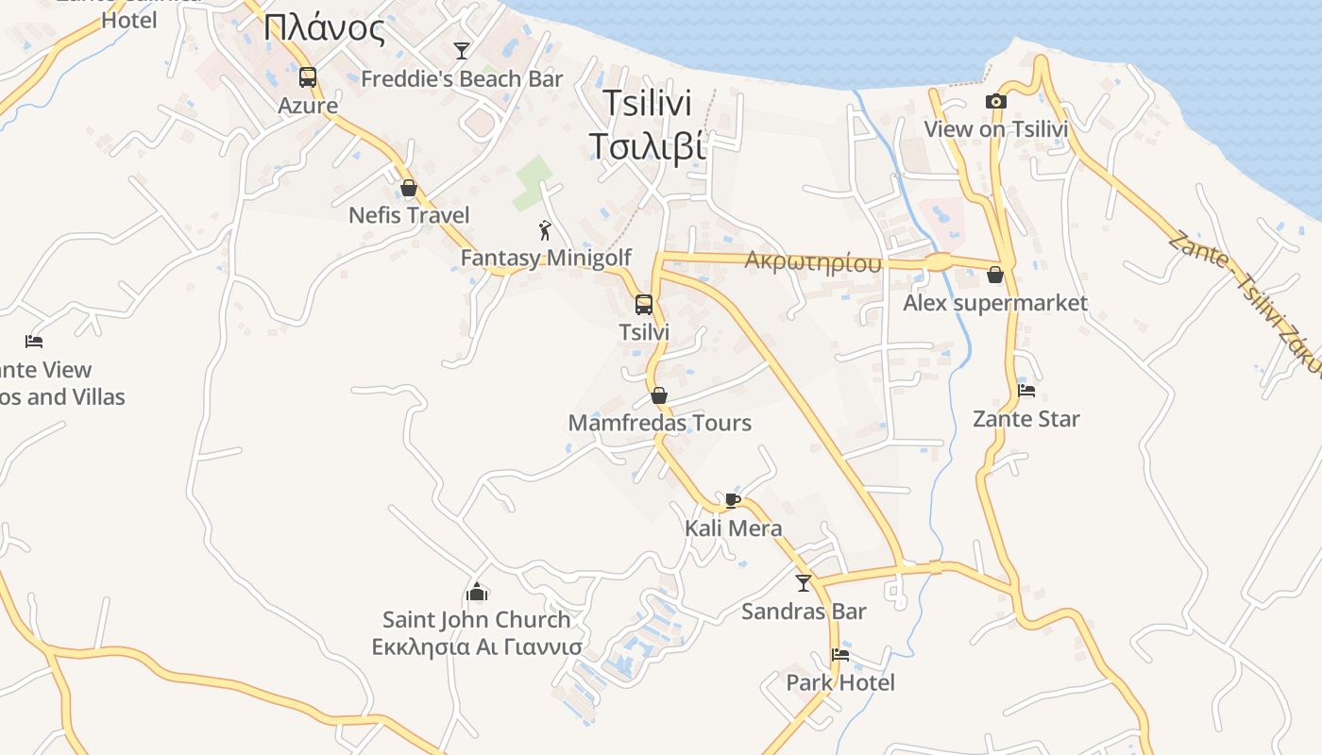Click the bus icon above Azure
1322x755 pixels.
click(x=307, y=77)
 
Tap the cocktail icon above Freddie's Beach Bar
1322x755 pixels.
click(x=462, y=50)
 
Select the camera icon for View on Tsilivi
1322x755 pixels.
click(x=995, y=102)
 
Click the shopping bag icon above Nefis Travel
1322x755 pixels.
click(x=409, y=188)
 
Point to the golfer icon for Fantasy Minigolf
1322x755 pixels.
click(x=545, y=229)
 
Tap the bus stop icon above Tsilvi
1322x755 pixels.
click(x=644, y=304)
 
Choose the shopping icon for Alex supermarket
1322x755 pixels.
click(x=995, y=275)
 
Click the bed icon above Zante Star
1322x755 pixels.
click(x=1026, y=390)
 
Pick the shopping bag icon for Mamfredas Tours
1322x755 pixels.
click(x=659, y=394)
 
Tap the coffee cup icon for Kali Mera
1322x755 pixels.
click(x=733, y=500)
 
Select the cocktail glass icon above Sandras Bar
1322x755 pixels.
click(x=804, y=583)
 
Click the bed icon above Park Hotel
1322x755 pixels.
click(x=839, y=655)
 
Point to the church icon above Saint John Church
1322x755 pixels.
click(x=477, y=592)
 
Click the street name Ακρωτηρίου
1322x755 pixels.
click(x=813, y=261)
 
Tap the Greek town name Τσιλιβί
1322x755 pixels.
click(x=648, y=147)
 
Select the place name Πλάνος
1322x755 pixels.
click(x=325, y=29)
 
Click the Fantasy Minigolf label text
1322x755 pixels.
click(x=546, y=258)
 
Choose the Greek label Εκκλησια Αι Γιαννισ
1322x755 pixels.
click(x=477, y=647)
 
